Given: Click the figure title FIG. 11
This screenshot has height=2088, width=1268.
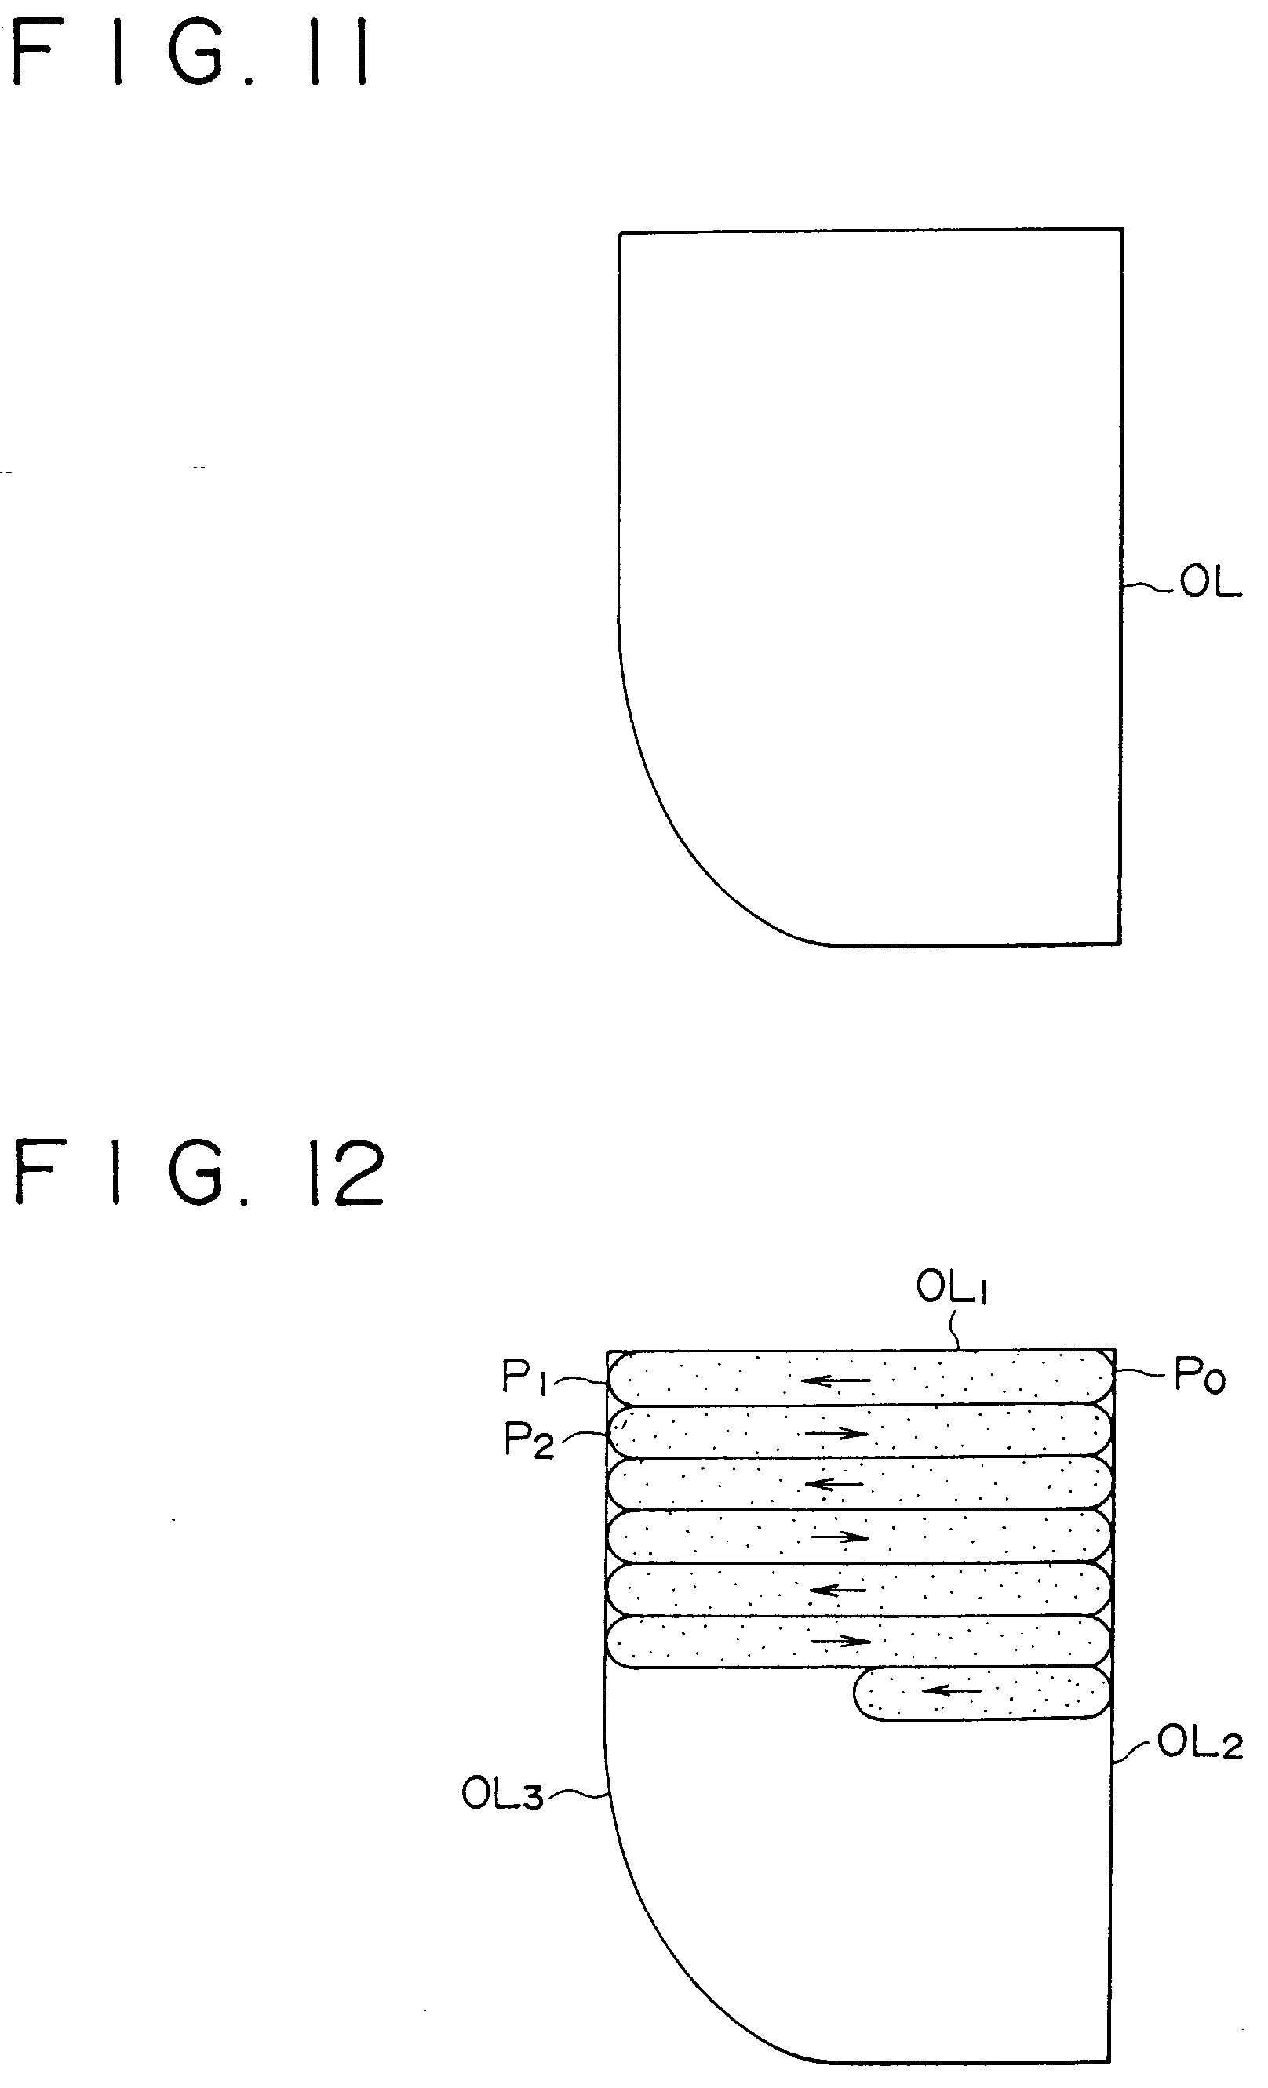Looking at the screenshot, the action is tap(191, 56).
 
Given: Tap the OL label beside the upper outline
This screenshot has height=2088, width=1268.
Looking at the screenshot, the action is tap(1211, 584).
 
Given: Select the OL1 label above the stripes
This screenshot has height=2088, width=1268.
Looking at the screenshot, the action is tap(952, 1289).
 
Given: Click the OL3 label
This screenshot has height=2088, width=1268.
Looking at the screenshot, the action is tap(501, 1794).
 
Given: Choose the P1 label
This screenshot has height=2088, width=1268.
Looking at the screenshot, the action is tap(526, 1377).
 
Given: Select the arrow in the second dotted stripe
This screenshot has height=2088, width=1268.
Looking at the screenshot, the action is tap(836, 1433).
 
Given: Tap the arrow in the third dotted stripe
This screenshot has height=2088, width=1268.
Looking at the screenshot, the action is tap(834, 1485).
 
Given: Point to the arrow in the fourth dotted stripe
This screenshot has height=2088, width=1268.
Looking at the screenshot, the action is tap(839, 1537).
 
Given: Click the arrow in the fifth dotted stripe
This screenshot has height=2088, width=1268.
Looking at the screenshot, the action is tap(837, 1590).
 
